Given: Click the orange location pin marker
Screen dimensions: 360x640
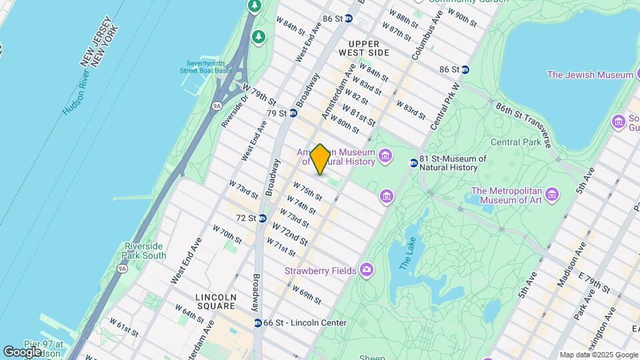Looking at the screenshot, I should pyautogui.click(x=320, y=159).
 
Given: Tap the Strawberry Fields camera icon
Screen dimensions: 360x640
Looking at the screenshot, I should pyautogui.click(x=367, y=270).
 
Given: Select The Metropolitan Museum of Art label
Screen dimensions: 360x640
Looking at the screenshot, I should pyautogui.click(x=507, y=196).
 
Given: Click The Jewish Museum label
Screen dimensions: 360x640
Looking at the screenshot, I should pyautogui.click(x=581, y=75).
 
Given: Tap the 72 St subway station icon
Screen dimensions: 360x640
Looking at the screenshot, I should pyautogui.click(x=263, y=218).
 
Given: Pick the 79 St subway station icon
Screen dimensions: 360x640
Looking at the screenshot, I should pyautogui.click(x=293, y=113).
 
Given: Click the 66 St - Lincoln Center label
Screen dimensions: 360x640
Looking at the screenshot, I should pyautogui.click(x=305, y=323).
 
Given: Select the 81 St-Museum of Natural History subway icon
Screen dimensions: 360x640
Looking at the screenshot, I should pyautogui.click(x=413, y=161).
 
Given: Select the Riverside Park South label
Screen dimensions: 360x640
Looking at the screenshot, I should pyautogui.click(x=145, y=251).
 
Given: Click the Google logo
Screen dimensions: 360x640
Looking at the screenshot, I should pyautogui.click(x=22, y=351).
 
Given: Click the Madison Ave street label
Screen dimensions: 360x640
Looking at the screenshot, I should pyautogui.click(x=571, y=257).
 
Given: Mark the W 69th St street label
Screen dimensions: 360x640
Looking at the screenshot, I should pyautogui.click(x=307, y=294).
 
